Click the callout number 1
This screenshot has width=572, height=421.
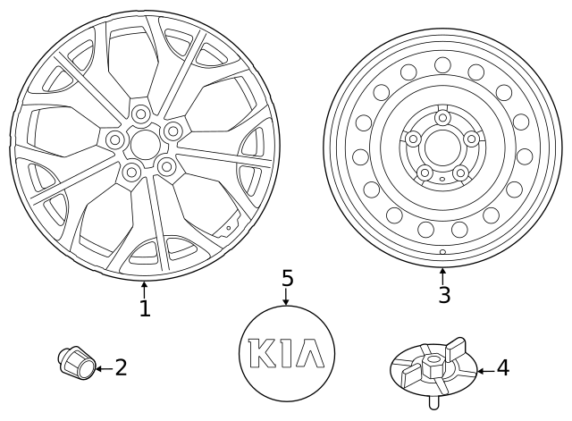pos(145,308)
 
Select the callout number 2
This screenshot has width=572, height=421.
pos(121,367)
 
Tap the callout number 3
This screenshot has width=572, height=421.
pos(444,294)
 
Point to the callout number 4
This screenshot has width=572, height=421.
pos(502,367)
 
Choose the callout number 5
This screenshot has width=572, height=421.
pos(287,278)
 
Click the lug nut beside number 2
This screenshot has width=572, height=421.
pos(75,361)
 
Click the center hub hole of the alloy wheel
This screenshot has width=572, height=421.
pos(144,141)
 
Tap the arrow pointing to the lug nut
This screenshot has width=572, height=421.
pos(103,367)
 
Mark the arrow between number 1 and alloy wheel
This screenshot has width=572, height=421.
pos(145,289)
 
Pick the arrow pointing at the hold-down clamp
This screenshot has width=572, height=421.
pos(484,368)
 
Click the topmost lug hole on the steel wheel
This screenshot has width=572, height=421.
pos(442,117)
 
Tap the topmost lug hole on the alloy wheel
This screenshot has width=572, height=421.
pos(141,114)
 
